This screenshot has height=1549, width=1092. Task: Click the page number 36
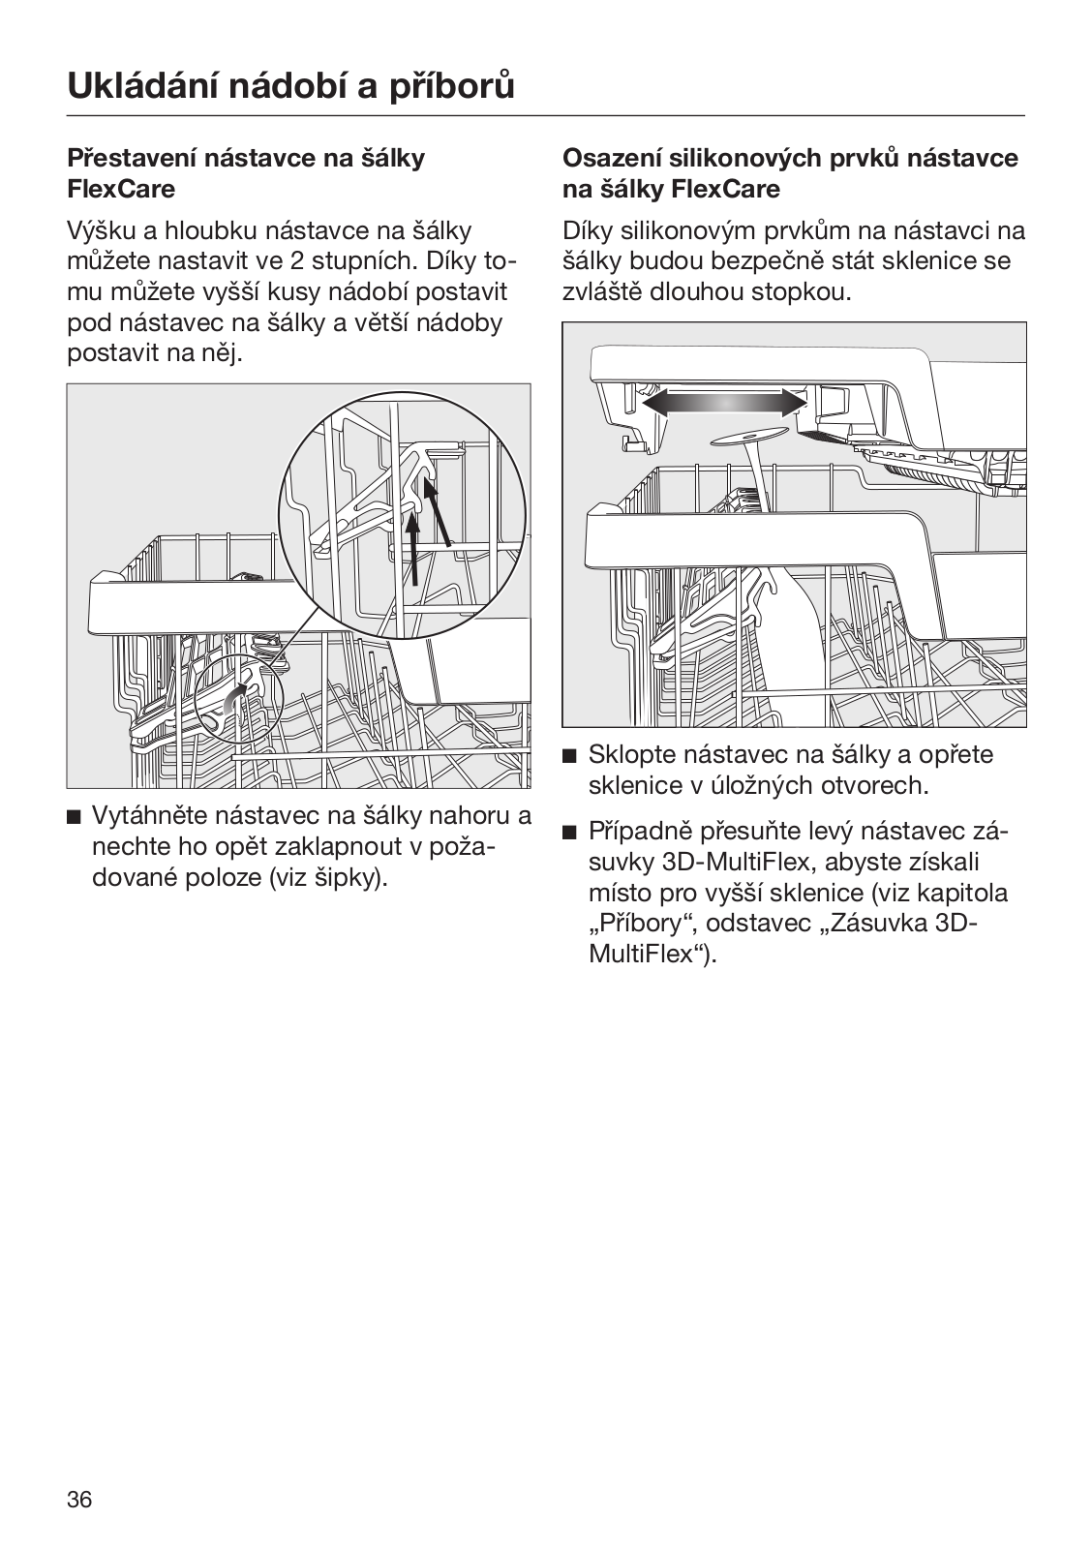point(79,1500)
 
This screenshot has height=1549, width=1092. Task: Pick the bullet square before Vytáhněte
point(75,817)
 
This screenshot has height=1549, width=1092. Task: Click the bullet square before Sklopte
point(570,756)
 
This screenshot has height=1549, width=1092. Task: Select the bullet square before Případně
point(570,833)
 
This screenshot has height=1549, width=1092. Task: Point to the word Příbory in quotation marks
point(644,924)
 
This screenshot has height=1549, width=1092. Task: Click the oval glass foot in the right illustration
point(748,439)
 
